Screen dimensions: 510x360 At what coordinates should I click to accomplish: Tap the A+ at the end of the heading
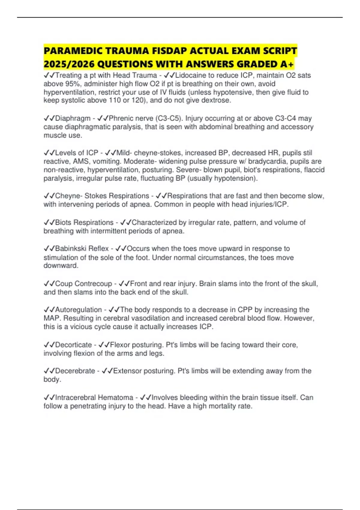(287, 64)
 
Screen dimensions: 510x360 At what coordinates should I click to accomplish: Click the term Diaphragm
(73, 118)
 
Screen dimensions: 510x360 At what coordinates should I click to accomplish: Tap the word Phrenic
(121, 118)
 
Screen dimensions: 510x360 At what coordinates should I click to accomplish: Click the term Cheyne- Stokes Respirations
(102, 196)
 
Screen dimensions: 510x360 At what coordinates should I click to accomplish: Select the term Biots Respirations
(84, 223)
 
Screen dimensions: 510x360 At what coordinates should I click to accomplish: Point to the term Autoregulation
(79, 310)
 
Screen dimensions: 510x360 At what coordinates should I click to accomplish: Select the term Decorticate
(73, 345)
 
